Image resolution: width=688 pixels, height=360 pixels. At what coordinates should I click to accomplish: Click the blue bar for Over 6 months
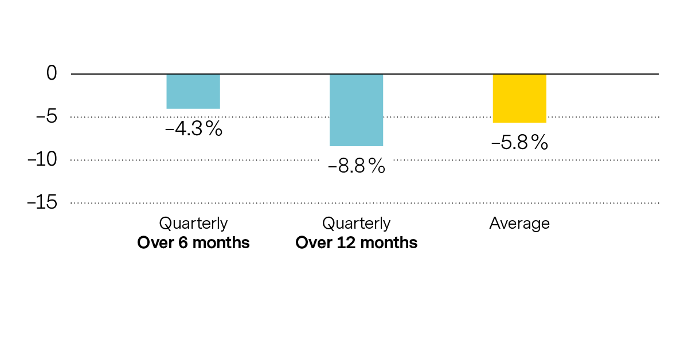click(x=193, y=91)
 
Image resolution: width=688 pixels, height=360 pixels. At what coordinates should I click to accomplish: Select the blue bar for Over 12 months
click(x=356, y=110)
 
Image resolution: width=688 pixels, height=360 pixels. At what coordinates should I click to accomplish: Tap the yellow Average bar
click(x=519, y=98)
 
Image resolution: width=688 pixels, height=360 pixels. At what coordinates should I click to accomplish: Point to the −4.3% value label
click(x=193, y=129)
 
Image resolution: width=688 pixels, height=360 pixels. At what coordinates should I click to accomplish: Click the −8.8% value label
click(x=356, y=167)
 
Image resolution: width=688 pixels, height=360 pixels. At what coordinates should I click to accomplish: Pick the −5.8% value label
click(x=519, y=143)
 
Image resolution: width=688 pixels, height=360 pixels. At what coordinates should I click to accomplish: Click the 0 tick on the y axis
click(x=52, y=73)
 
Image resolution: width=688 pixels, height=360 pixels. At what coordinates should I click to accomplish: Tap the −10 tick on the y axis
click(x=42, y=159)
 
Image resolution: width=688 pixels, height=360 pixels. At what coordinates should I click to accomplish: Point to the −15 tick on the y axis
click(x=42, y=202)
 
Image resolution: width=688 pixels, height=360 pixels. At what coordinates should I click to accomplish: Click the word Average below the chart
click(x=519, y=224)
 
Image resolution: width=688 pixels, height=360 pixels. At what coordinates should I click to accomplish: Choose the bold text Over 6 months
click(x=193, y=243)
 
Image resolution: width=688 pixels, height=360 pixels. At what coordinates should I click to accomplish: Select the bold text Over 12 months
click(x=356, y=243)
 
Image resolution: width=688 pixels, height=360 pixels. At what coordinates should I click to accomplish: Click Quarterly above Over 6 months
click(x=193, y=224)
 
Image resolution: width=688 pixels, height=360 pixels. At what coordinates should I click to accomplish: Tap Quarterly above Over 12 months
click(x=356, y=224)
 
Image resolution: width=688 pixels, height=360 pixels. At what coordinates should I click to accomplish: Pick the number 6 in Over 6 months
click(x=182, y=243)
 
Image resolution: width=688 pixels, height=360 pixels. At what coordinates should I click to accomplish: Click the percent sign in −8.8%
click(x=376, y=167)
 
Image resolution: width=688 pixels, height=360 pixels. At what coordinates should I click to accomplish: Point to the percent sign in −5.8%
click(x=540, y=143)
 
